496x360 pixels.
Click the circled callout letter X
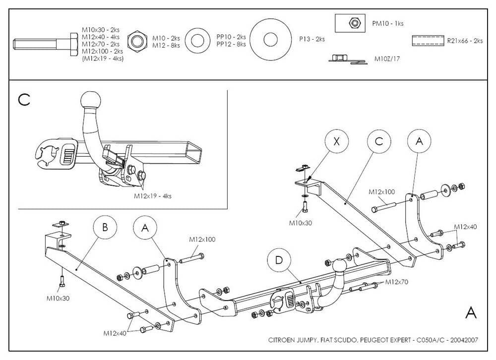[337, 141]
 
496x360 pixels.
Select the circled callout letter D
[279, 260]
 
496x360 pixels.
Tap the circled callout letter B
[105, 228]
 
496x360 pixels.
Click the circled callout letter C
[379, 141]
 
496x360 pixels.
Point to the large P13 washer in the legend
[270, 40]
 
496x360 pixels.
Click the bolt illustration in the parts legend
[45, 44]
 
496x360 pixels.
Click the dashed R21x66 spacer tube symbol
[427, 41]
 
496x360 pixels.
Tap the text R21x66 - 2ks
[464, 41]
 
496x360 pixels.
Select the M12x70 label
[396, 283]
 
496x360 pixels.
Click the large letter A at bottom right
[471, 312]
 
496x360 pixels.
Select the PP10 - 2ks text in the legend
[231, 37]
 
